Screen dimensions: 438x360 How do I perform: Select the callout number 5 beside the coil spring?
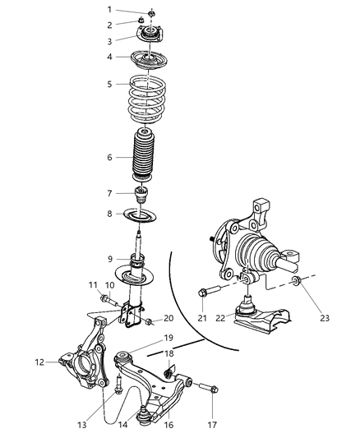(109, 83)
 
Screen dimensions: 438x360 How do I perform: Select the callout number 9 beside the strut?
(109, 260)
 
